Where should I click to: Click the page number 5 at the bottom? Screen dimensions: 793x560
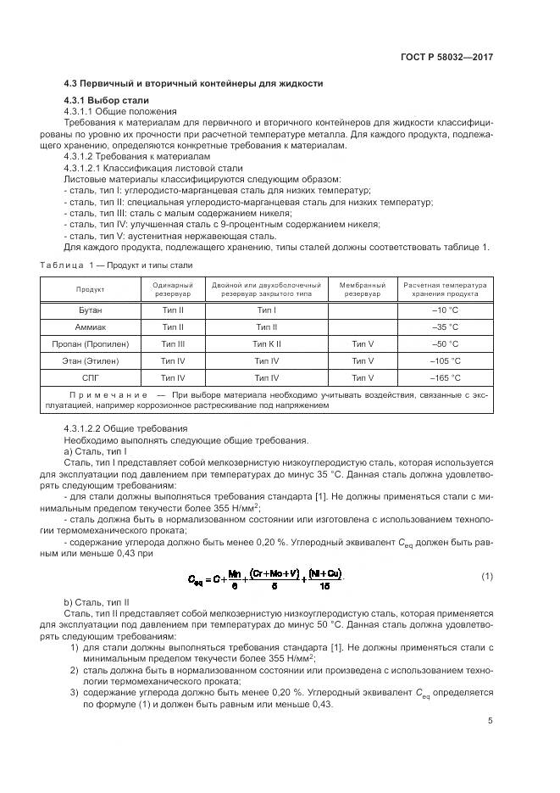pyautogui.click(x=491, y=721)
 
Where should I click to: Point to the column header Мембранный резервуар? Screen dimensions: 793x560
pyautogui.click(x=362, y=290)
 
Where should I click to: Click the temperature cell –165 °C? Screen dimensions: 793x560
pyautogui.click(x=446, y=377)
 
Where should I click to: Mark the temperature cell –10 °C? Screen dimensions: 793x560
pyautogui.click(x=446, y=310)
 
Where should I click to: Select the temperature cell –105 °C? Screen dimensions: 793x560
pyautogui.click(x=446, y=360)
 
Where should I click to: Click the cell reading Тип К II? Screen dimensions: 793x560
pyautogui.click(x=266, y=344)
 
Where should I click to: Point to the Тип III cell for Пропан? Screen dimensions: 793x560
pyautogui.click(x=173, y=344)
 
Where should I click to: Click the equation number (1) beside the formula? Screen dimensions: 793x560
pyautogui.click(x=486, y=577)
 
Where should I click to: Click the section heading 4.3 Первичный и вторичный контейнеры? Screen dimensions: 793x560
pyautogui.click(x=194, y=83)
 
